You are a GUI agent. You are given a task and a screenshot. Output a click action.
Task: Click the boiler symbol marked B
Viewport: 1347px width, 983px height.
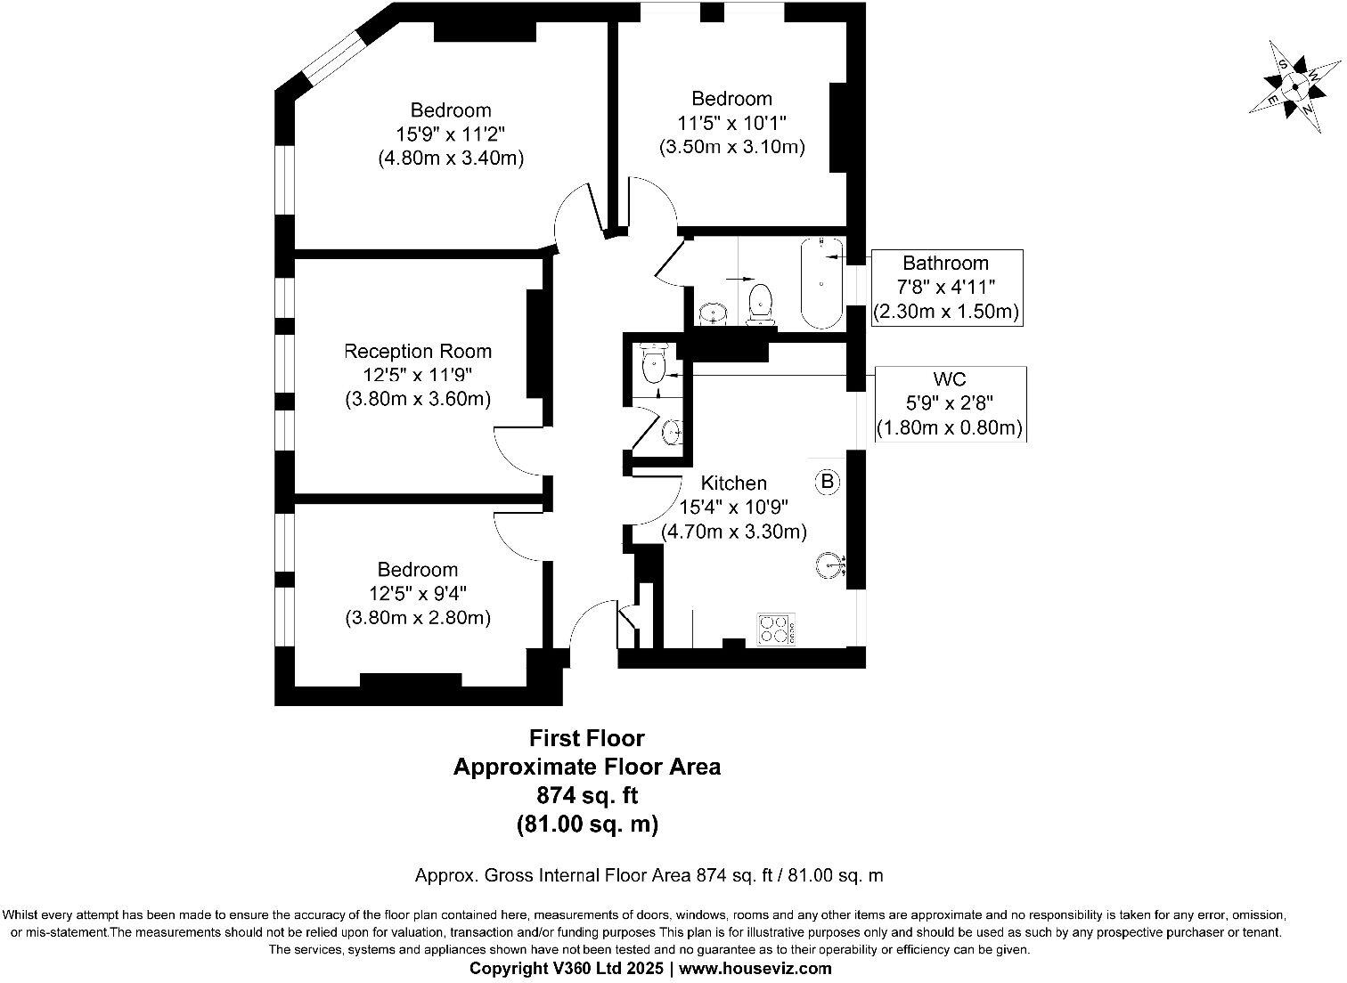pyautogui.click(x=828, y=482)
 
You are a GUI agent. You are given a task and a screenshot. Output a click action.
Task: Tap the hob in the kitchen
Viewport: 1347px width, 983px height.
pyautogui.click(x=776, y=630)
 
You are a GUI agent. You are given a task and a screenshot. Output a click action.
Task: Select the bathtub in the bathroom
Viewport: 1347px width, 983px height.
pyautogui.click(x=822, y=282)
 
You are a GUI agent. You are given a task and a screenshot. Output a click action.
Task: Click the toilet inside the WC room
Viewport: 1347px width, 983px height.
pyautogui.click(x=653, y=362)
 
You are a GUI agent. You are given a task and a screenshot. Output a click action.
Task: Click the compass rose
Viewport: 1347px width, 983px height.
pyautogui.click(x=1294, y=87)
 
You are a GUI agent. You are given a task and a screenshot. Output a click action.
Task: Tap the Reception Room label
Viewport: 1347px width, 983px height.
pyautogui.click(x=417, y=351)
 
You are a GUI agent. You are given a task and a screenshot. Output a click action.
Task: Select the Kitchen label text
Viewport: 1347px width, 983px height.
pyautogui.click(x=734, y=483)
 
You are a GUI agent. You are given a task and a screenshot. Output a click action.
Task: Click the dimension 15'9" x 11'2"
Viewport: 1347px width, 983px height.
pyautogui.click(x=451, y=134)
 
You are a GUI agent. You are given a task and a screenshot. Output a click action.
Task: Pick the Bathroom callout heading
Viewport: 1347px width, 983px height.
pyautogui.click(x=945, y=263)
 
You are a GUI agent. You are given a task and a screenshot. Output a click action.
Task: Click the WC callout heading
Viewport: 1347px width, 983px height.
pyautogui.click(x=950, y=379)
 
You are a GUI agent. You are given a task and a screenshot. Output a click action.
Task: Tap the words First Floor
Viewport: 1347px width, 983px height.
pyautogui.click(x=586, y=738)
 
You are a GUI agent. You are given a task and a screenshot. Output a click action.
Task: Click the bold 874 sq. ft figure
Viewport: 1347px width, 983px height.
pyautogui.click(x=587, y=795)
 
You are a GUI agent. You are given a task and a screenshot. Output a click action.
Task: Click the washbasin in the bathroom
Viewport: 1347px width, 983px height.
pyautogui.click(x=714, y=313)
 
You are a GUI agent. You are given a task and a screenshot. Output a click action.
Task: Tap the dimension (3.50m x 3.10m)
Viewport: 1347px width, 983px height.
pyautogui.click(x=731, y=147)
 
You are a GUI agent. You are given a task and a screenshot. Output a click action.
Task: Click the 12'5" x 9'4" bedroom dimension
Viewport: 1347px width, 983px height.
pyautogui.click(x=417, y=594)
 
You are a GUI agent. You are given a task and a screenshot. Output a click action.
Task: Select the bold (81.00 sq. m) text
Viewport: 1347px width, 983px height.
pyautogui.click(x=587, y=824)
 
